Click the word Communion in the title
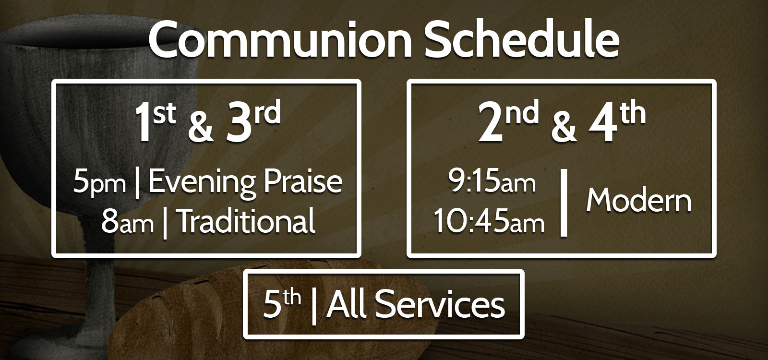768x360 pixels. click(280, 39)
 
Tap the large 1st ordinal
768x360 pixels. click(156, 120)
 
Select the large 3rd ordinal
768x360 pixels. click(253, 120)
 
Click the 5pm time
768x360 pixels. click(99, 183)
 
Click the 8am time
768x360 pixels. click(127, 222)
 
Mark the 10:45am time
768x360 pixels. click(489, 221)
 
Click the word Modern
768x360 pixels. click(639, 201)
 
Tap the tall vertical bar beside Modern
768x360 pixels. click(564, 202)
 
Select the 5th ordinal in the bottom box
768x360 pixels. click(282, 303)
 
